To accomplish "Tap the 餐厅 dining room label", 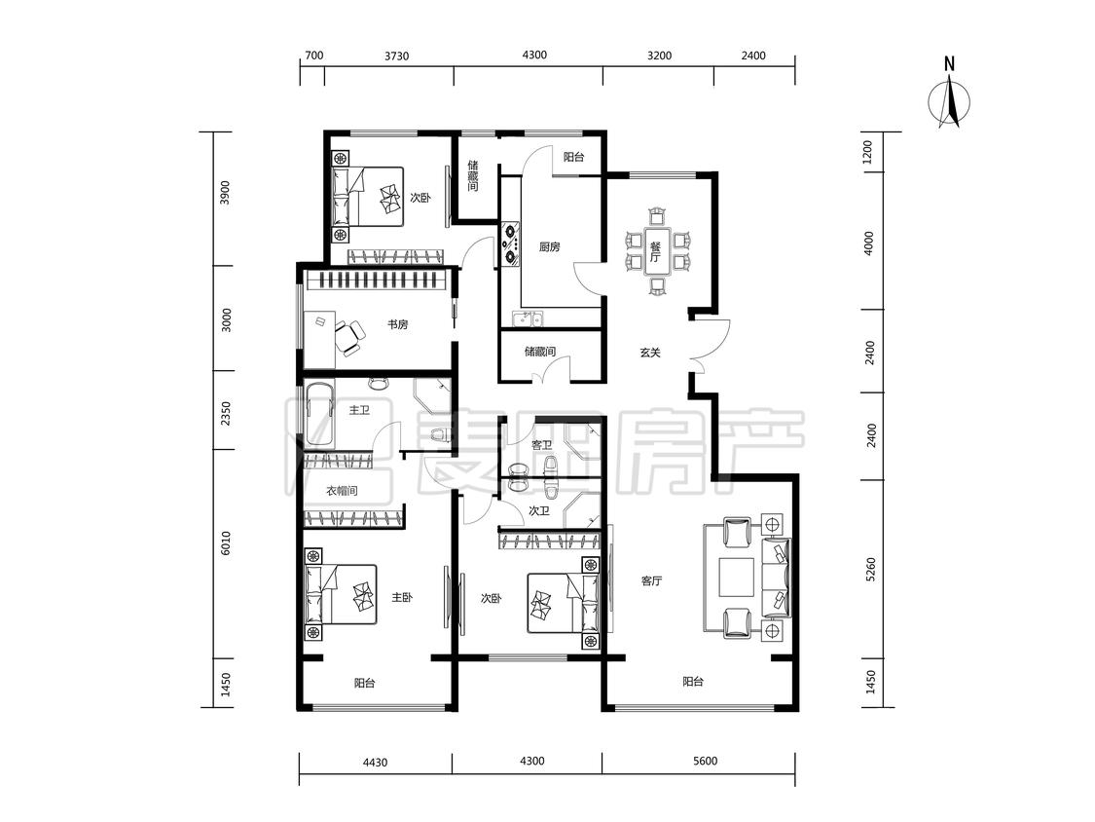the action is (655, 251).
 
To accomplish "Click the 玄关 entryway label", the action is (650, 353).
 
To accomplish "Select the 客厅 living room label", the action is (651, 580).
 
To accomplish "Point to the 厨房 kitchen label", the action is (550, 246).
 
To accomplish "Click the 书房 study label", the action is (398, 325).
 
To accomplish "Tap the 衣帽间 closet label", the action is (343, 491).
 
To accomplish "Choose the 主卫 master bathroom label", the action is (359, 410).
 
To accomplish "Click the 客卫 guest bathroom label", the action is (542, 445).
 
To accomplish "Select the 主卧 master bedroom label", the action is (402, 598).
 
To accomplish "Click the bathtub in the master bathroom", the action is (320, 415).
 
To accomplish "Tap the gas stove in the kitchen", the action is (510, 243).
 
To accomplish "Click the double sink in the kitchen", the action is (529, 319).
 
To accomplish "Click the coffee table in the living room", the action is (738, 579).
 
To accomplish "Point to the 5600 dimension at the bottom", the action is (706, 762).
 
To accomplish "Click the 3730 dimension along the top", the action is (397, 56).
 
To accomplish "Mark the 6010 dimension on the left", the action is (225, 543).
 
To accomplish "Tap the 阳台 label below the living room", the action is (693, 682).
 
